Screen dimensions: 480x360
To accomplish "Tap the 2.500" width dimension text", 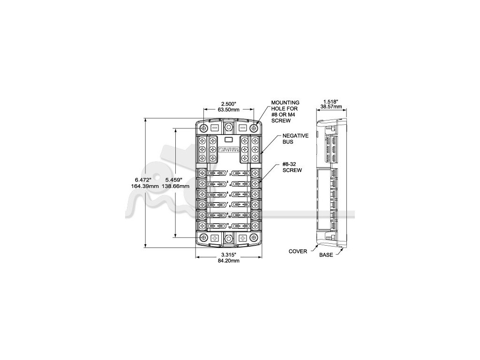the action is click(x=229, y=103).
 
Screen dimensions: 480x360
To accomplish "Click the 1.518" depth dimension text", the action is click(x=331, y=101).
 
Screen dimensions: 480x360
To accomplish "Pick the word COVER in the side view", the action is click(x=298, y=252).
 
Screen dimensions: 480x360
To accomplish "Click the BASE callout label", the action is click(x=326, y=255).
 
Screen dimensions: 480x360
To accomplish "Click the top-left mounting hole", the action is click(x=203, y=127).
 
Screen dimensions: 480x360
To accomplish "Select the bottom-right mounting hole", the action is click(x=255, y=239).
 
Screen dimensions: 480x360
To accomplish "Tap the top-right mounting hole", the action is click(x=255, y=127).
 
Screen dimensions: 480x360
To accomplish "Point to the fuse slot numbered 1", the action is click(x=216, y=173).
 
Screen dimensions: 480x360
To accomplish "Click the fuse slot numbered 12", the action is click(x=242, y=226).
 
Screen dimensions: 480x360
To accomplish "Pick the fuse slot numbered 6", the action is click(x=242, y=194).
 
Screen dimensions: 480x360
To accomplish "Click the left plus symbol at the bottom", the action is click(x=215, y=239).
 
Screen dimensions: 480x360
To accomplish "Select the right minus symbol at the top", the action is click(x=242, y=127).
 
